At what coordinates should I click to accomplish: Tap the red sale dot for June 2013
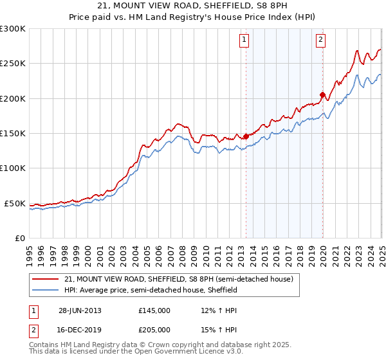pyautogui.click(x=246, y=136)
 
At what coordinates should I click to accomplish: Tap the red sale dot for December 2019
pyautogui.click(x=322, y=94)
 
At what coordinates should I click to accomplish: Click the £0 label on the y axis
pyautogui.click(x=19, y=238)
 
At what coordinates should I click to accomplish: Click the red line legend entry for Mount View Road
pyautogui.click(x=178, y=279)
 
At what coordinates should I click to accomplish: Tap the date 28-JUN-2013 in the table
pyautogui.click(x=80, y=310)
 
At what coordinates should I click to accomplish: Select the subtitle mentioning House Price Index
pyautogui.click(x=193, y=18)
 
